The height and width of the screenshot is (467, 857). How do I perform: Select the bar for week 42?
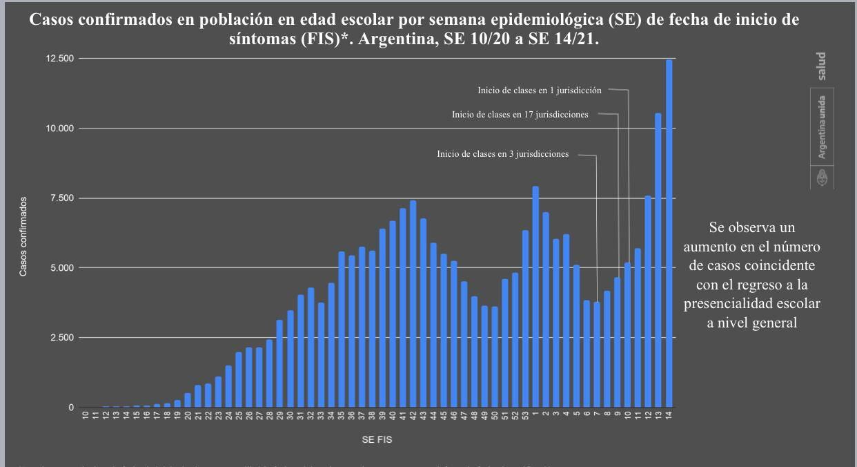tap(413, 304)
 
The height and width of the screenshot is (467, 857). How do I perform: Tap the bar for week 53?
tap(525, 318)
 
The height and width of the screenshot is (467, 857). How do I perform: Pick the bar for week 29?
tap(279, 363)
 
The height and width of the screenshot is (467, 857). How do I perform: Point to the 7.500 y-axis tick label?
tap(60, 198)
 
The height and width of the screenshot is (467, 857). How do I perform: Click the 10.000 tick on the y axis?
tap(59, 128)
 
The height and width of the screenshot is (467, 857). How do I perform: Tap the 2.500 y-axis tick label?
tap(60, 338)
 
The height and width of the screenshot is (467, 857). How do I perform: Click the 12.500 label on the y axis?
tap(59, 59)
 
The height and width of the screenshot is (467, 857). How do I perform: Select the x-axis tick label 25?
tap(239, 417)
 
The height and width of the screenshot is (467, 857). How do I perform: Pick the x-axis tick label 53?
tap(525, 417)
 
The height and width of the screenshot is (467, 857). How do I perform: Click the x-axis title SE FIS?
tap(377, 439)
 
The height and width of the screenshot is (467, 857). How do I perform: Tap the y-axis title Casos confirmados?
tap(23, 236)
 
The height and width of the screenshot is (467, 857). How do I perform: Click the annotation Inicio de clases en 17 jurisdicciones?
tap(520, 115)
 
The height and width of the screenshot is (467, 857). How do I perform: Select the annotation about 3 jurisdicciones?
tap(503, 154)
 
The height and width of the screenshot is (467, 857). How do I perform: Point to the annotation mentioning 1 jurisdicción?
tap(540, 90)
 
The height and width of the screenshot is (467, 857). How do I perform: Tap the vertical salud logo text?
tap(821, 66)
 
